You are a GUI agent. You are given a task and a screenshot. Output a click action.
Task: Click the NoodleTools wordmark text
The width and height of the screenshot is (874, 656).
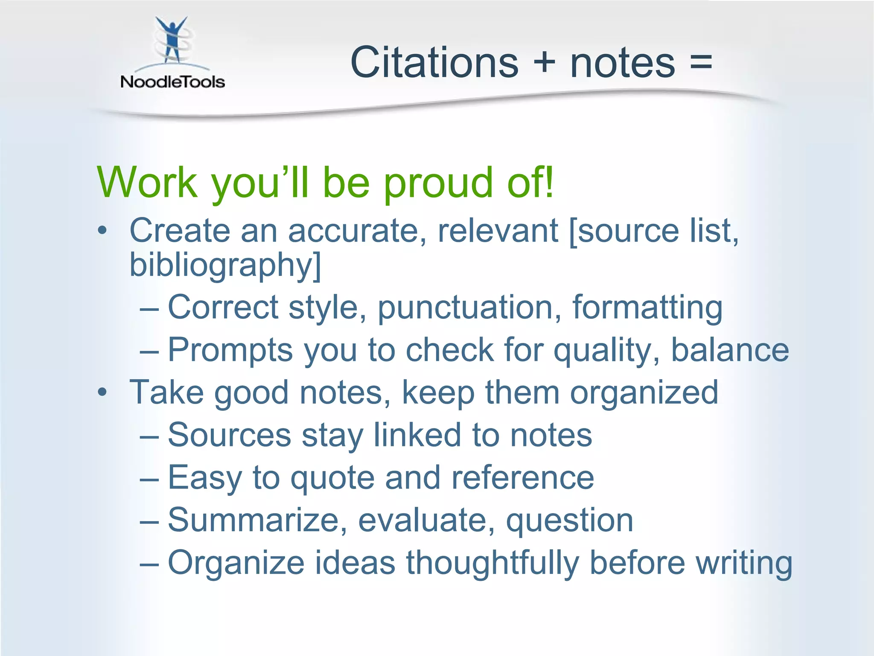pos(172,82)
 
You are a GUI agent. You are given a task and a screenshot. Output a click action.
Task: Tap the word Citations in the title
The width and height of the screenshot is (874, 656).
pos(434,63)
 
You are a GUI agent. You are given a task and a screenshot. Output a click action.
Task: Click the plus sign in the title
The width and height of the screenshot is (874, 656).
pos(544,63)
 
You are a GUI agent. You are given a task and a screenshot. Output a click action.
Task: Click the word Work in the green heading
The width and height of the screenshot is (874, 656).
pos(147,183)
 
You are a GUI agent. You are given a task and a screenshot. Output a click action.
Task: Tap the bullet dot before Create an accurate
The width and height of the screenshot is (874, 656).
pos(102,231)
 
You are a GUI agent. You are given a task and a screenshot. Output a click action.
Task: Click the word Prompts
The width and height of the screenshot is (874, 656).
pos(230,350)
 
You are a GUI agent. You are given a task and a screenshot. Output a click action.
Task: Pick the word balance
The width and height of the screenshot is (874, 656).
pos(730,350)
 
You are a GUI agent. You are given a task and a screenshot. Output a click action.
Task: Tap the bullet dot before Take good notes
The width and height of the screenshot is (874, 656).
pos(102,392)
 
